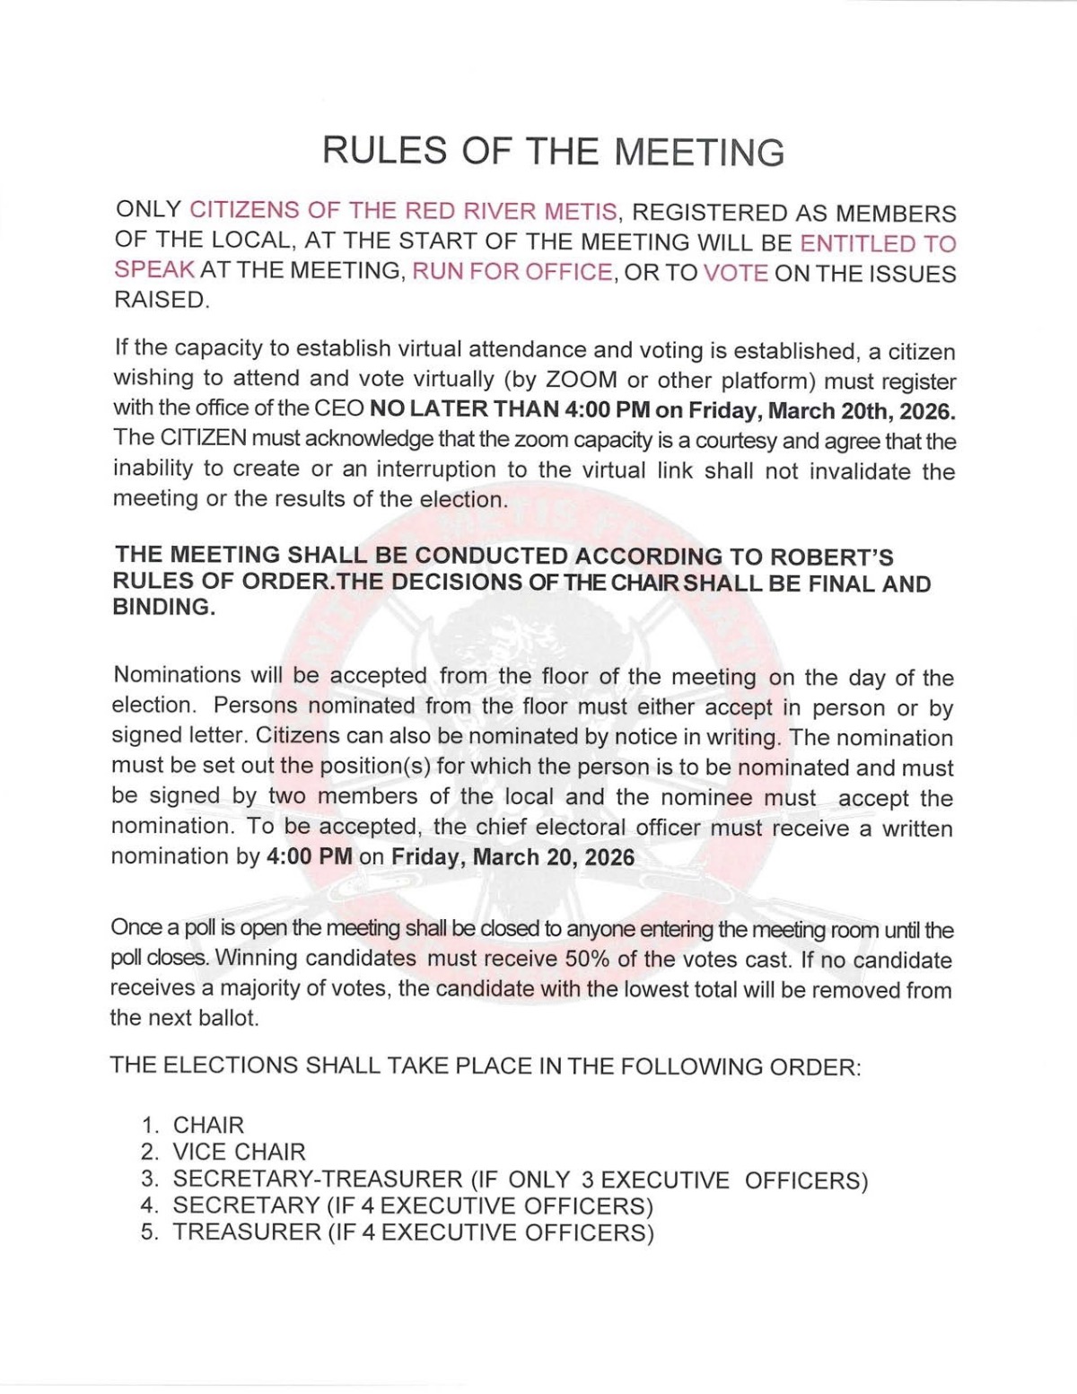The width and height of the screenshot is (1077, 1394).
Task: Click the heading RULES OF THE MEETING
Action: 553,151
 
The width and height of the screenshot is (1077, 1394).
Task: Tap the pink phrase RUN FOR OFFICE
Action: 512,272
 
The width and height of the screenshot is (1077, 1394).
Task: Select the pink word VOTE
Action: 735,272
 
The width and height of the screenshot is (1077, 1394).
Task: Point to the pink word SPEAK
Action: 154,270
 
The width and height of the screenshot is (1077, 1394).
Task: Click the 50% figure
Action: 587,959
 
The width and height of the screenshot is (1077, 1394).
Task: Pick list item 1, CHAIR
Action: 208,1125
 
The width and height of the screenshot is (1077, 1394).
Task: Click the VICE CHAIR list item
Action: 239,1152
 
